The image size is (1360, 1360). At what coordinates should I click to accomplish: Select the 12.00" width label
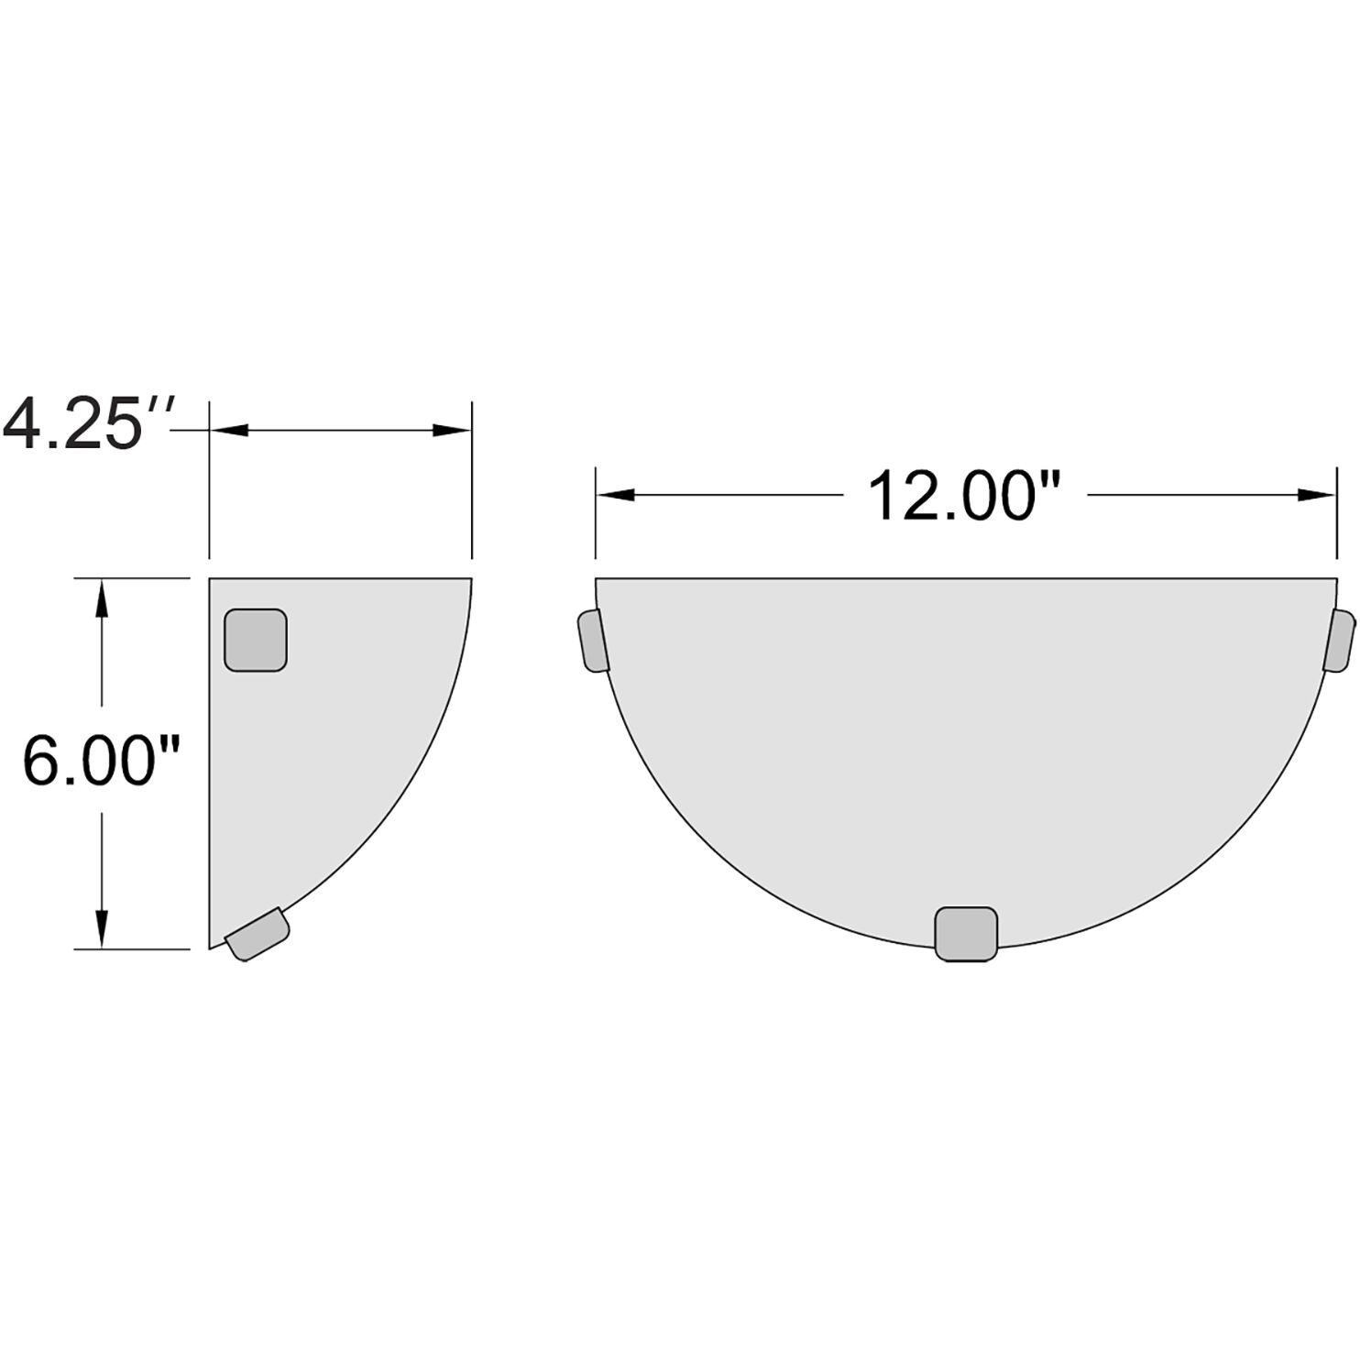(964, 496)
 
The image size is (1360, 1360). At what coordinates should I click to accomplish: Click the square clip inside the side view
(256, 640)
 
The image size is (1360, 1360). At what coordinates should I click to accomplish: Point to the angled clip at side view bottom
(258, 934)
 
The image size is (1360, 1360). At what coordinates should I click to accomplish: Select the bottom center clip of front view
(965, 934)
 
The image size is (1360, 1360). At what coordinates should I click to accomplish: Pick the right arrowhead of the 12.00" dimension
(1316, 496)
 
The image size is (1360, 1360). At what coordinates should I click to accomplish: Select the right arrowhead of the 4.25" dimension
(453, 430)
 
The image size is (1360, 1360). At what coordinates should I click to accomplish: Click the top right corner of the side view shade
(471, 579)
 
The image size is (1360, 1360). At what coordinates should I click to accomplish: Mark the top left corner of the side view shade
(211, 579)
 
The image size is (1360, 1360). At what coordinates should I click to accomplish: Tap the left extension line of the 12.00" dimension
(596, 513)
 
